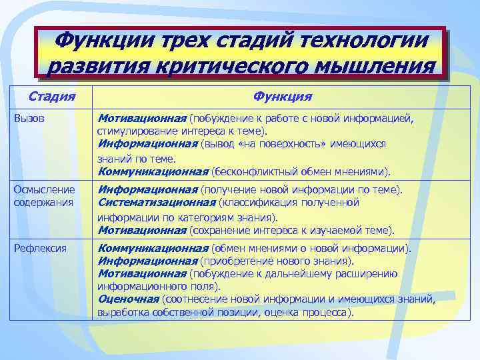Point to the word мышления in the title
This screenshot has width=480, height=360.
[369, 67]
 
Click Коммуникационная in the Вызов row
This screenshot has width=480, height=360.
[153, 171]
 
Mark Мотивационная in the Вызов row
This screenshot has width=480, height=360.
[142, 118]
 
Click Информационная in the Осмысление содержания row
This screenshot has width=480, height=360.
[147, 189]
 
